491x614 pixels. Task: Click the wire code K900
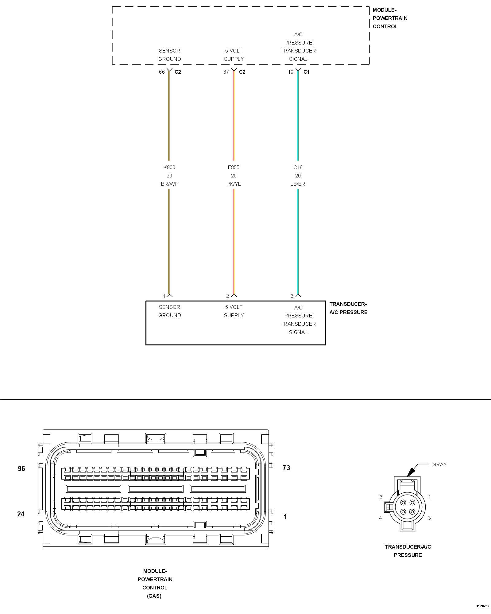pyautogui.click(x=169, y=167)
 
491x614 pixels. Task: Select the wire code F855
pyautogui.click(x=234, y=167)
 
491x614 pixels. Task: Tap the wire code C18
pyautogui.click(x=298, y=167)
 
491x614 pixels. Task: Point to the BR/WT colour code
pyautogui.click(x=169, y=184)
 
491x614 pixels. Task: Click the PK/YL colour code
pyautogui.click(x=234, y=184)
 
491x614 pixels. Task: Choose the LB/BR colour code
pyautogui.click(x=298, y=184)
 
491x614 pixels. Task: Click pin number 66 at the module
pyautogui.click(x=162, y=72)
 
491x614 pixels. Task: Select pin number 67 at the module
pyautogui.click(x=226, y=72)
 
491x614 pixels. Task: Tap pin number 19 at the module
pyautogui.click(x=291, y=72)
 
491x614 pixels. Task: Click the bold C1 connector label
pyautogui.click(x=306, y=72)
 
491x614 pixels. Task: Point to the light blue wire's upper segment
pyautogui.click(x=298, y=117)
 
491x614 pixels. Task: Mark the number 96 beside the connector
pyautogui.click(x=21, y=469)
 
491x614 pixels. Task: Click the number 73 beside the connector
pyautogui.click(x=286, y=468)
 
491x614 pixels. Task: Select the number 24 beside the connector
pyautogui.click(x=21, y=514)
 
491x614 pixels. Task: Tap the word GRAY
pyautogui.click(x=439, y=464)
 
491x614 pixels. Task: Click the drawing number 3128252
pyautogui.click(x=482, y=606)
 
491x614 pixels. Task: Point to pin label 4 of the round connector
pyautogui.click(x=381, y=518)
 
